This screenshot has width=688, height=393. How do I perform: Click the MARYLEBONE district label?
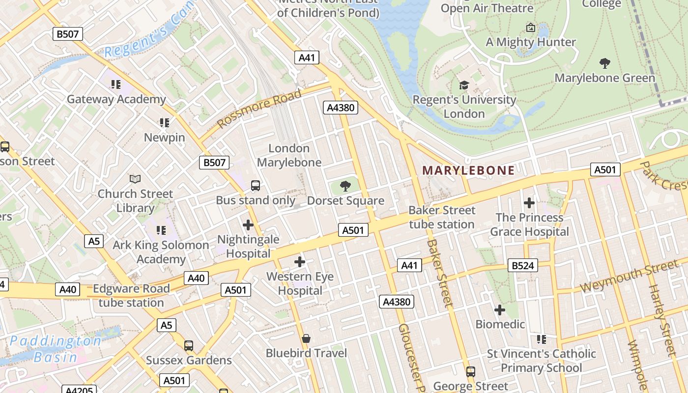point(468,170)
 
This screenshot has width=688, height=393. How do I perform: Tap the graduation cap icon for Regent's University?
point(464,85)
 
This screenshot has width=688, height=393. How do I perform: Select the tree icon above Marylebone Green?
point(605,63)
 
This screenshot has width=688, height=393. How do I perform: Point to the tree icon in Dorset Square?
point(345,186)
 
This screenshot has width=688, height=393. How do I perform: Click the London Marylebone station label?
point(289,155)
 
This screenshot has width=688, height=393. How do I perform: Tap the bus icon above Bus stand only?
point(256,185)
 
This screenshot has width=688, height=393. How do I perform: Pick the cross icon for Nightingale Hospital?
point(248,225)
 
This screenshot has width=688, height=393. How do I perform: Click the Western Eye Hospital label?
point(300,283)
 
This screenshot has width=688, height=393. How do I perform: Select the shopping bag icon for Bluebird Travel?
point(306,338)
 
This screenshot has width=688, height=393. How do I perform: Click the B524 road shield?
point(522,266)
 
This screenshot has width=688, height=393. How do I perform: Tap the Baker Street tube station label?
point(442,217)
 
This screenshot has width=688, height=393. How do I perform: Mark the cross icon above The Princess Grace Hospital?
point(529,202)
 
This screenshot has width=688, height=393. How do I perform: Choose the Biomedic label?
point(500,324)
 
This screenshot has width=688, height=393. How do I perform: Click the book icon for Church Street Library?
point(135,179)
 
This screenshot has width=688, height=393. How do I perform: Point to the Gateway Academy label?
point(116,99)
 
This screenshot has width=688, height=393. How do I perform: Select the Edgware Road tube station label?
point(131,295)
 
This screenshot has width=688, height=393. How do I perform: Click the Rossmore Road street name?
point(259,108)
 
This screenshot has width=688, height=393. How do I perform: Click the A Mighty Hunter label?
point(531,42)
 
